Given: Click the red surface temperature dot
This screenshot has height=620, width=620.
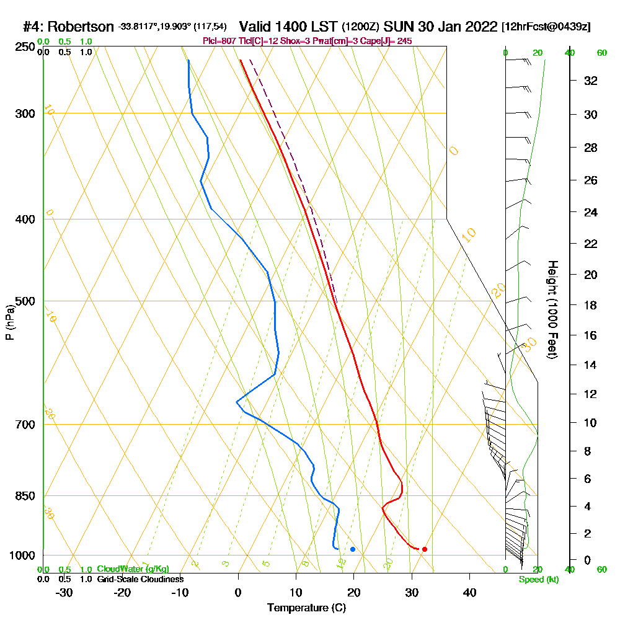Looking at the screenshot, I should click(425, 549).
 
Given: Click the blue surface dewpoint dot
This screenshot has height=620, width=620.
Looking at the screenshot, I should click(353, 549).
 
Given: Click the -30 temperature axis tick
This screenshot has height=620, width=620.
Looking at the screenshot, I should click(64, 592).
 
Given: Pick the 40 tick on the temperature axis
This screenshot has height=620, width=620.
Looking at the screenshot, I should click(469, 592).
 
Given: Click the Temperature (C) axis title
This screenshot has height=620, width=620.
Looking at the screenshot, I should click(306, 608).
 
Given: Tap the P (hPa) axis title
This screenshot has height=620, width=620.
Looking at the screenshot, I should click(9, 322).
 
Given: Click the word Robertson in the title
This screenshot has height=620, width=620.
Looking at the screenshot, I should click(81, 27).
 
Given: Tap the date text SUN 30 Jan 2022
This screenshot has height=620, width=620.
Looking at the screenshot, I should click(440, 27).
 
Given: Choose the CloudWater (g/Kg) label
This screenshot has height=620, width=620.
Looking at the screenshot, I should click(133, 569).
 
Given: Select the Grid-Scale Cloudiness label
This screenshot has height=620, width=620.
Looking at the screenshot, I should click(140, 579).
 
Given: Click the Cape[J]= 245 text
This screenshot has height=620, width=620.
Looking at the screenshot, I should click(386, 41).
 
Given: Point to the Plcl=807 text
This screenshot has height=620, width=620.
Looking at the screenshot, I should click(221, 41).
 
